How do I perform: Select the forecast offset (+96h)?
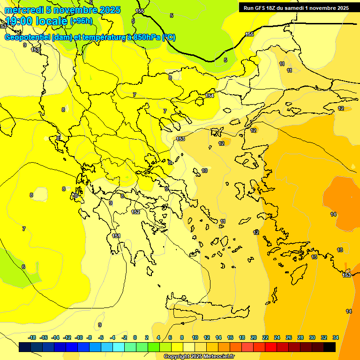81,21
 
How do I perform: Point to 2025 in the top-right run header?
341,8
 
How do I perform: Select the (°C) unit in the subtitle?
168,37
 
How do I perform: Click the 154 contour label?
210,96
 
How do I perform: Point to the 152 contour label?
135,212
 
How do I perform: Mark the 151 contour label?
116,236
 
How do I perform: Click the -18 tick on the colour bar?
32,337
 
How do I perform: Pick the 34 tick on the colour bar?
335,337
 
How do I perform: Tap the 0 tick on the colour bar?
135,337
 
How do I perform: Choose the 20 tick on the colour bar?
254,337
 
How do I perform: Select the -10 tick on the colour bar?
78,337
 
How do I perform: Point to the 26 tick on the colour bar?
289,337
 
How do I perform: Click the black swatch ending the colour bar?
330,347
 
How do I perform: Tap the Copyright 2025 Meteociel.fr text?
199,356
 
